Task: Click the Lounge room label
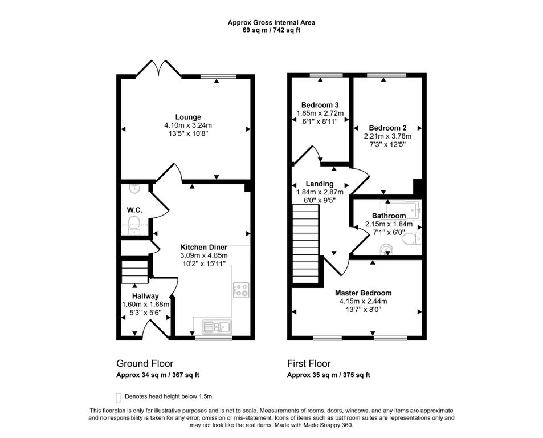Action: point(188,117)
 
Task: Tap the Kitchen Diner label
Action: point(204,247)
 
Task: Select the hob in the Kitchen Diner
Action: point(241,290)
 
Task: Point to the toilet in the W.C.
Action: point(134,225)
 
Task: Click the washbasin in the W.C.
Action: point(134,189)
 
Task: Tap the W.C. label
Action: point(134,210)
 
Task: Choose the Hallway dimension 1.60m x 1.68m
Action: point(145,305)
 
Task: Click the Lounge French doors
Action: point(158,68)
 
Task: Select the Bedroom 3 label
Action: point(320,105)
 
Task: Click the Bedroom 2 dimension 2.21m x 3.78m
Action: point(387,136)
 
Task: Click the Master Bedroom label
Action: point(364,293)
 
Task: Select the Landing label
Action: point(320,184)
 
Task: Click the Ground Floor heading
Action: point(145,363)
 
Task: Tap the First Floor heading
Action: point(309,363)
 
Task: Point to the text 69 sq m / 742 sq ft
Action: point(271,30)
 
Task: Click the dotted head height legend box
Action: point(119,398)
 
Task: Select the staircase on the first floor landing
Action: point(305,244)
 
